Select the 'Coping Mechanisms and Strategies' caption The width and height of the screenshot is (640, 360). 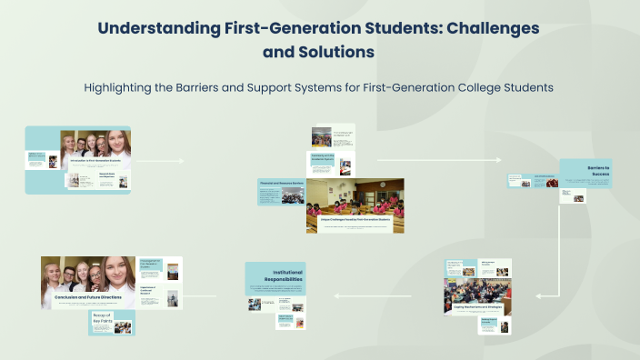tap(477, 307)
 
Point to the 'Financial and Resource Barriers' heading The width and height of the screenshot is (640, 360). tap(281, 184)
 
